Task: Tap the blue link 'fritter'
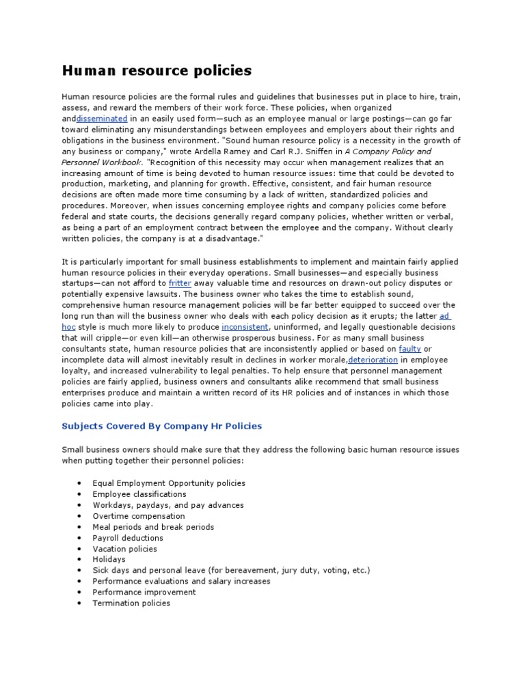[180, 283]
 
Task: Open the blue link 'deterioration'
[373, 360]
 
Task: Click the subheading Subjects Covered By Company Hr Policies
[161, 426]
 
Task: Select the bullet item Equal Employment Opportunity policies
[169, 483]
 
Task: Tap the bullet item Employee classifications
[139, 494]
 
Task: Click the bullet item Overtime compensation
[139, 516]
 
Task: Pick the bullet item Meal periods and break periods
[153, 527]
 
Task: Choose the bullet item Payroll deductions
[128, 538]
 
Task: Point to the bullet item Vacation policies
[124, 549]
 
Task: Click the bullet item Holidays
[109, 560]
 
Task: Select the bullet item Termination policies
[131, 603]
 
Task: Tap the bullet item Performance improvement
[144, 593]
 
